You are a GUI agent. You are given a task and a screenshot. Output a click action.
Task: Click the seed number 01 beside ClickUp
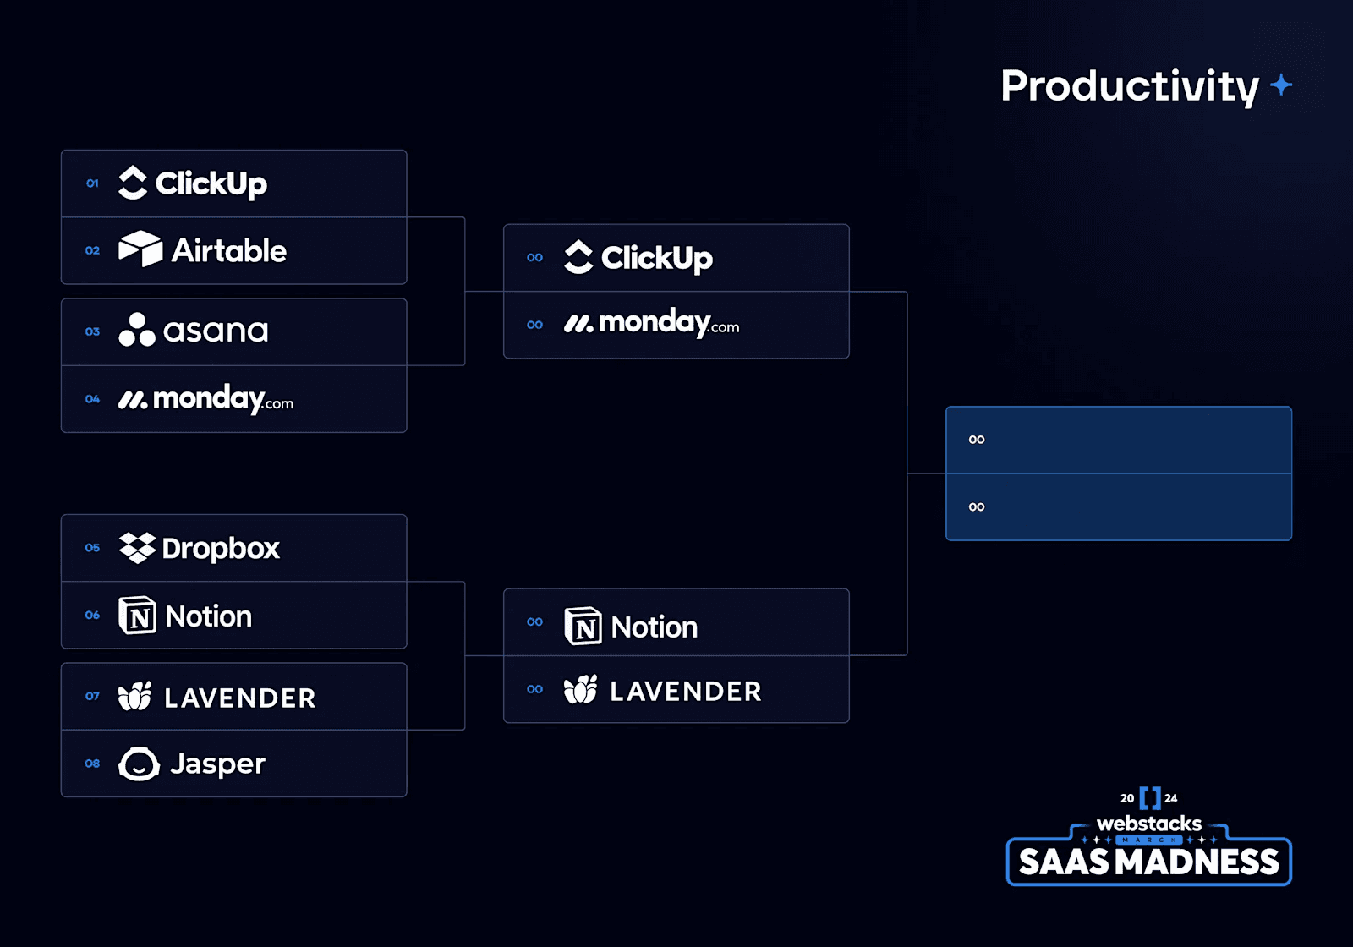pos(92,183)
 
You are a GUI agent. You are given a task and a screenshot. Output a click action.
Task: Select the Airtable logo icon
pos(140,249)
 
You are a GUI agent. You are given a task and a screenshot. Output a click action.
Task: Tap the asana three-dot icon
pos(136,331)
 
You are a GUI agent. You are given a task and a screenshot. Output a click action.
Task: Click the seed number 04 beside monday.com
pos(92,399)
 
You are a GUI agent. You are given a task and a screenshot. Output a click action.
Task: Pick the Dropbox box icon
pos(137,548)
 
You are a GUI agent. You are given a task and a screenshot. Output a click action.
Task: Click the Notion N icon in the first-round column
pos(137,616)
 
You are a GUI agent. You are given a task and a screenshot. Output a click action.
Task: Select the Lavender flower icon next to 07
pos(135,697)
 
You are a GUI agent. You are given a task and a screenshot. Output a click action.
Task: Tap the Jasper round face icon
pos(139,764)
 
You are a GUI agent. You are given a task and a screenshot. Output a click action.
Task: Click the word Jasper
pos(217,764)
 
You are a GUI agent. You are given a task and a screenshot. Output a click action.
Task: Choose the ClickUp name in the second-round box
pos(656,258)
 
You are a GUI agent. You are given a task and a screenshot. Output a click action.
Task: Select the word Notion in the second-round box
pos(654,627)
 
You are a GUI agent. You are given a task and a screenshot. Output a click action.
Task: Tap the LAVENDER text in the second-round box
pos(685,692)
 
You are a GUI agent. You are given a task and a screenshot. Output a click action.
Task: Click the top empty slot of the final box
pos(1118,440)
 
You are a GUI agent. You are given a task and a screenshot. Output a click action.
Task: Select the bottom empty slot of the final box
pos(1118,507)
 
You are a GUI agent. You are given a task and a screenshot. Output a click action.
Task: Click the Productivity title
pos(1130,86)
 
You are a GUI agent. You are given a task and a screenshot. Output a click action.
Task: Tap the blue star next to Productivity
pos(1281,85)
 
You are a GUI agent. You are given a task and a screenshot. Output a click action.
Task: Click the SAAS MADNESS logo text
pos(1148,862)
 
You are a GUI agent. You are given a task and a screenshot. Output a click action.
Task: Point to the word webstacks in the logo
pos(1148,823)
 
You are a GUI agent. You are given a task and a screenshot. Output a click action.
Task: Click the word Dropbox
pos(220,549)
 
